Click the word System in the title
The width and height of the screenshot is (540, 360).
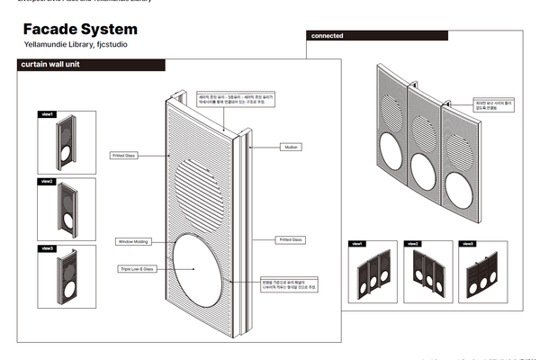(x=112, y=30)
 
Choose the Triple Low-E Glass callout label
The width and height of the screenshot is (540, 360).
(x=137, y=268)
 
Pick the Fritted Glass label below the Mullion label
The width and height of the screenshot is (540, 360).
(x=291, y=239)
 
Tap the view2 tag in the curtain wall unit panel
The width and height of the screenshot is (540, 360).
(x=48, y=182)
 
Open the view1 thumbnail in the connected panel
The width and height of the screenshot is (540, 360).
(x=372, y=270)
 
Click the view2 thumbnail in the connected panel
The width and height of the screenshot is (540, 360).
(x=427, y=270)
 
